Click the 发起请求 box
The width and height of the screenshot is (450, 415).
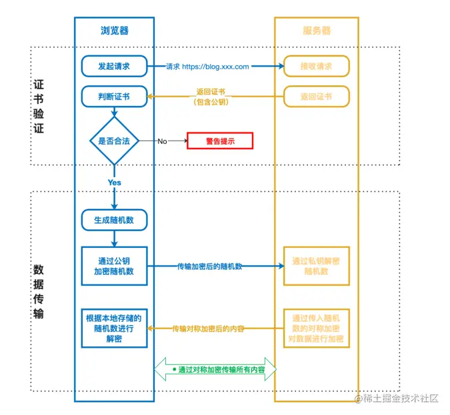point(114,67)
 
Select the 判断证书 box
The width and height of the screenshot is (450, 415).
point(114,97)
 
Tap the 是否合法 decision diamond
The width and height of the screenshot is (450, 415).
point(114,141)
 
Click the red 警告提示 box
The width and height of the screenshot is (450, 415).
point(220,141)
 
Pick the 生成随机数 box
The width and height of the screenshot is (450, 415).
point(114,220)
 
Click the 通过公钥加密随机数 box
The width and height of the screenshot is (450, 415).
point(114,266)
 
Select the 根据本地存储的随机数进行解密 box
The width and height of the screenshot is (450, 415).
point(114,328)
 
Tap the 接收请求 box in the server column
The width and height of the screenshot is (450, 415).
point(317,67)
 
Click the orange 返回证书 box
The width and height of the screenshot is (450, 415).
point(317,97)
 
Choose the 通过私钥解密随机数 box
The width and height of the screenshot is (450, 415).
point(317,266)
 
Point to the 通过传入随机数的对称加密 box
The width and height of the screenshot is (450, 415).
point(317,328)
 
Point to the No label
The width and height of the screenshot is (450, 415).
point(162,141)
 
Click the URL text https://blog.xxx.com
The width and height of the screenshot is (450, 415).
point(215,67)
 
